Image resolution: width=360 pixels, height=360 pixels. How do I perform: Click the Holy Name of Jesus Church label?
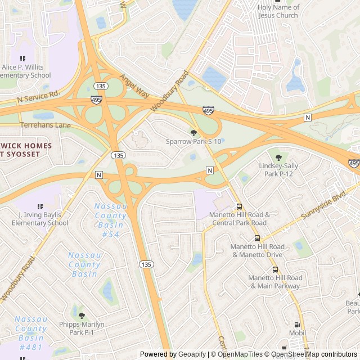pyautogui.click(x=278, y=11)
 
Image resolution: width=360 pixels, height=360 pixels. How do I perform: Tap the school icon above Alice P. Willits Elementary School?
pyautogui.click(x=23, y=58)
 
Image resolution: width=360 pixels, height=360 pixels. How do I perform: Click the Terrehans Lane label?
pyautogui.click(x=45, y=125)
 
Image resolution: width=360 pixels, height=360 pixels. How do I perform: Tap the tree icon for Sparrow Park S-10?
pyautogui.click(x=194, y=133)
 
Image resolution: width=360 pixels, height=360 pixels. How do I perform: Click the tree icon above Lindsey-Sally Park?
pyautogui.click(x=278, y=157)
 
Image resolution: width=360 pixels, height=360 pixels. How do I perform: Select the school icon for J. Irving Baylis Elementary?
pyautogui.click(x=39, y=206)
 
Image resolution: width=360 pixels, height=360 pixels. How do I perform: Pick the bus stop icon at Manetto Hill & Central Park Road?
pyautogui.click(x=240, y=206)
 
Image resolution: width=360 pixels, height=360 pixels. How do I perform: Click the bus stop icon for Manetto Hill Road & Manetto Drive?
pyautogui.click(x=257, y=238)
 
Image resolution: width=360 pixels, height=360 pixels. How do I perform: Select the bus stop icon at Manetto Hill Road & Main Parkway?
pyautogui.click(x=275, y=269)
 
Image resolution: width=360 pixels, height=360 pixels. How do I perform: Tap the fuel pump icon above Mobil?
pyautogui.click(x=297, y=325)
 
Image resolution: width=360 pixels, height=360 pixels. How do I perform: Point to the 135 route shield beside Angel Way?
pyautogui.click(x=101, y=86)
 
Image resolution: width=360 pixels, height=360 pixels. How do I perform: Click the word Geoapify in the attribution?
pyautogui.click(x=191, y=354)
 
